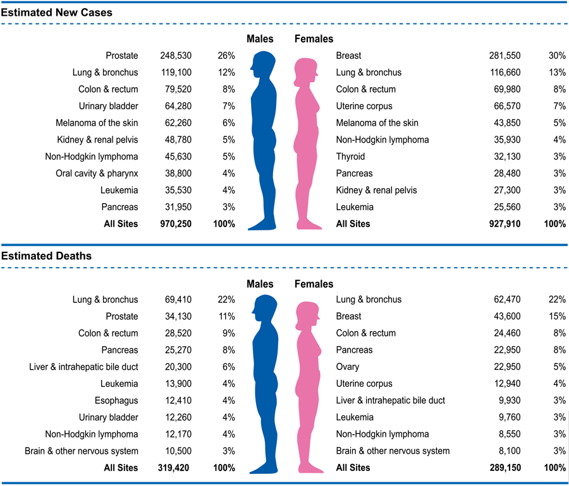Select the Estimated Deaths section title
[x=46, y=256]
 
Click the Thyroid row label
[x=350, y=157]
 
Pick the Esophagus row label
[x=117, y=400]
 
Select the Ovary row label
[x=348, y=367]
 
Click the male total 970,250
[x=173, y=223]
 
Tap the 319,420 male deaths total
[x=173, y=468]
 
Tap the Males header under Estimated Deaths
[x=260, y=284]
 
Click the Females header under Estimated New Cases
[x=314, y=39]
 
